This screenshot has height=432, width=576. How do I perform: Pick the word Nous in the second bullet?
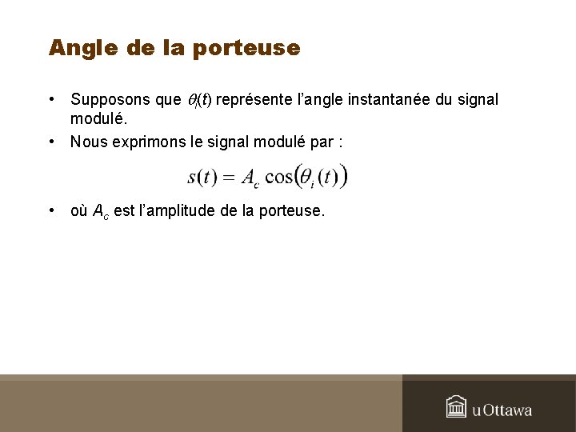point(87,142)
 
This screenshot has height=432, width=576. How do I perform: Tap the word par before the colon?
point(324,142)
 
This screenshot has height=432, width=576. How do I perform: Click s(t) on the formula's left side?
point(202,177)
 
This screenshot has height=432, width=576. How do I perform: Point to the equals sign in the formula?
point(228,177)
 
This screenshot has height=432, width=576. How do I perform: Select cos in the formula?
point(278,177)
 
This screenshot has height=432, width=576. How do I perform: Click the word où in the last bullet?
point(79,212)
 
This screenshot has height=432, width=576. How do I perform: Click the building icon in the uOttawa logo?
point(456,406)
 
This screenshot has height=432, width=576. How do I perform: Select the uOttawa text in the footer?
point(502,410)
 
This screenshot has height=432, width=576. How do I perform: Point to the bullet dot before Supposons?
point(50,100)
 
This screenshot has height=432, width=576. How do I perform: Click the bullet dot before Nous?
point(50,142)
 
